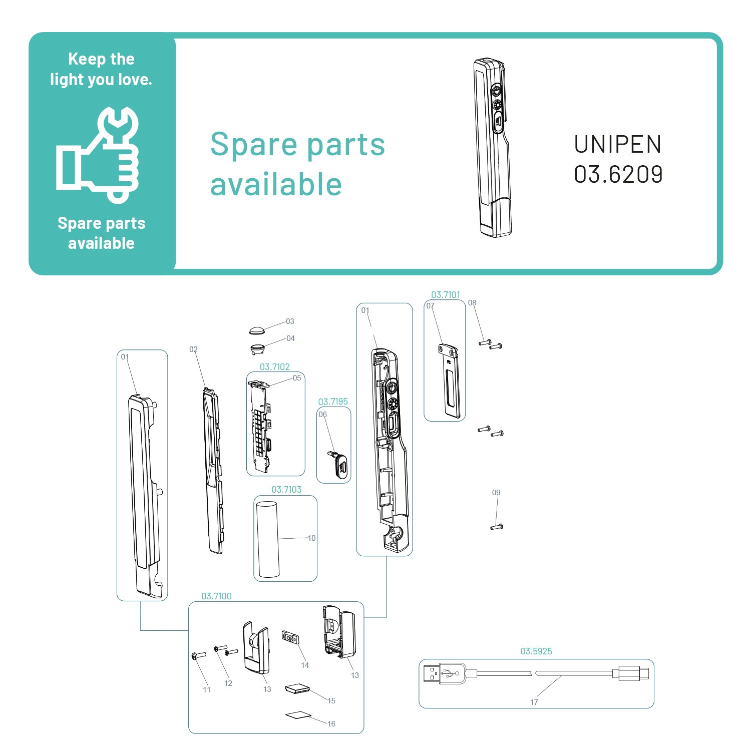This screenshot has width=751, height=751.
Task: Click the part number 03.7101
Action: coord(445,295)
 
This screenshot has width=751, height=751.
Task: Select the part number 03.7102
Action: coord(274,367)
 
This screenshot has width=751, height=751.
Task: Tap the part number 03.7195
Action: coord(333,402)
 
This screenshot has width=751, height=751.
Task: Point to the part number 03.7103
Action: coord(286,490)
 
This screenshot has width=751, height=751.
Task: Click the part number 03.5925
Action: coord(536,651)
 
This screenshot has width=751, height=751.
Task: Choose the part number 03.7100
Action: coord(216,596)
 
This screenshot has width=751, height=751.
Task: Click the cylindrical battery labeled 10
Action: coord(268,539)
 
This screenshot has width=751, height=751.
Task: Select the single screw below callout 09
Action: coord(497,527)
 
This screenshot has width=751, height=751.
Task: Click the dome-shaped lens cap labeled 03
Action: coord(257,330)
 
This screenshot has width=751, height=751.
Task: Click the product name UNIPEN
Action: coord(617,145)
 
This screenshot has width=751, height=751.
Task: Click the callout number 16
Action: coord(331,724)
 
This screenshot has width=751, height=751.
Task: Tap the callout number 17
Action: coord(534,702)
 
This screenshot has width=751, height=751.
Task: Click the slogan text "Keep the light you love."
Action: coord(101,69)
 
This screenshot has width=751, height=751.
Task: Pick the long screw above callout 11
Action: coord(199,655)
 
